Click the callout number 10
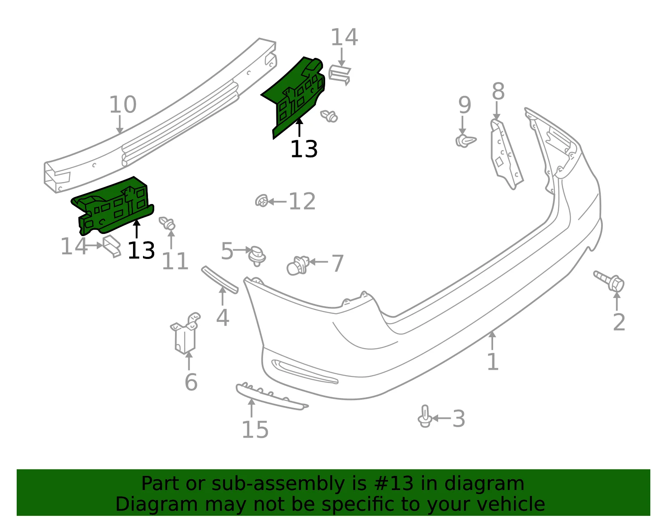pos(123,105)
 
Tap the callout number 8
pos(498,91)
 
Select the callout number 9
pos(464,105)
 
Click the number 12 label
pos(302,202)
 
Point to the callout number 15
pos(255,430)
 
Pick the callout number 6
pos(191,383)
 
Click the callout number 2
pos(619,322)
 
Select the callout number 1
pos(493,361)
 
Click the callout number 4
pos(223,318)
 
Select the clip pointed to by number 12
pos(262,201)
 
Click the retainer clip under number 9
pos(465,141)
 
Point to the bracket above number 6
pos(186,333)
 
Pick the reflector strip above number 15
pos(272,396)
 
